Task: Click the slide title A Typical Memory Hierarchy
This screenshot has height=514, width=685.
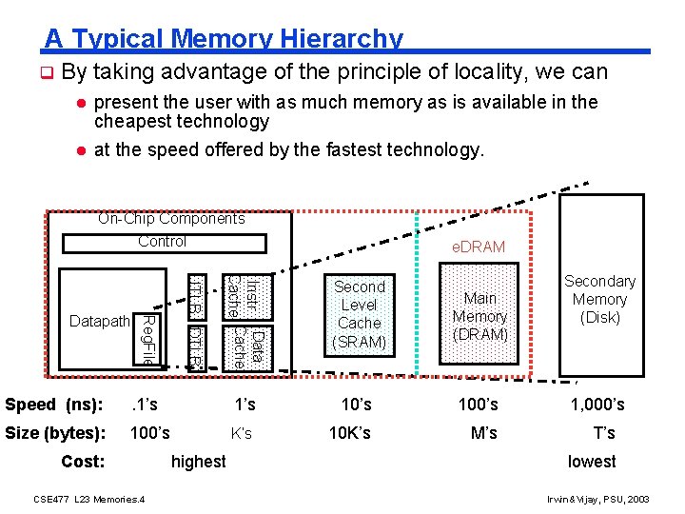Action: pos(224,39)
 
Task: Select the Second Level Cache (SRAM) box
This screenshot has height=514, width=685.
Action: pos(359,314)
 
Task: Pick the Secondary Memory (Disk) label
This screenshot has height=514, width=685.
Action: pos(599,299)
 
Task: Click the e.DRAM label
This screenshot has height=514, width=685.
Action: pos(479,247)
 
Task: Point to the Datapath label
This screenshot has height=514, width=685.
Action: pos(99,322)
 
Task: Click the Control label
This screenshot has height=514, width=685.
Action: pos(162,242)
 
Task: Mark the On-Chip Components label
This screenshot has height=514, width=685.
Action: pos(171,219)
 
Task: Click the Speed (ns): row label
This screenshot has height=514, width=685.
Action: pos(53,405)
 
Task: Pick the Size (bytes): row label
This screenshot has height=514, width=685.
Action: pos(53,433)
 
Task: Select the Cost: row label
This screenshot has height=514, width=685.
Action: pos(82,462)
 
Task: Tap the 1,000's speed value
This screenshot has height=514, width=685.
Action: pos(597,405)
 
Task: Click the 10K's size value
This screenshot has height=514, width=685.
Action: pos(349,433)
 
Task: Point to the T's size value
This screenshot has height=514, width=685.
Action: pos(604,433)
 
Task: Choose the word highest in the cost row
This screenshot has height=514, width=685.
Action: pos(198,462)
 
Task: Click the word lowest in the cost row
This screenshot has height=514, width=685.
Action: pos(592,462)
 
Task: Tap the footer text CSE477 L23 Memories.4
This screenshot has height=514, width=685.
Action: pos(88,499)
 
